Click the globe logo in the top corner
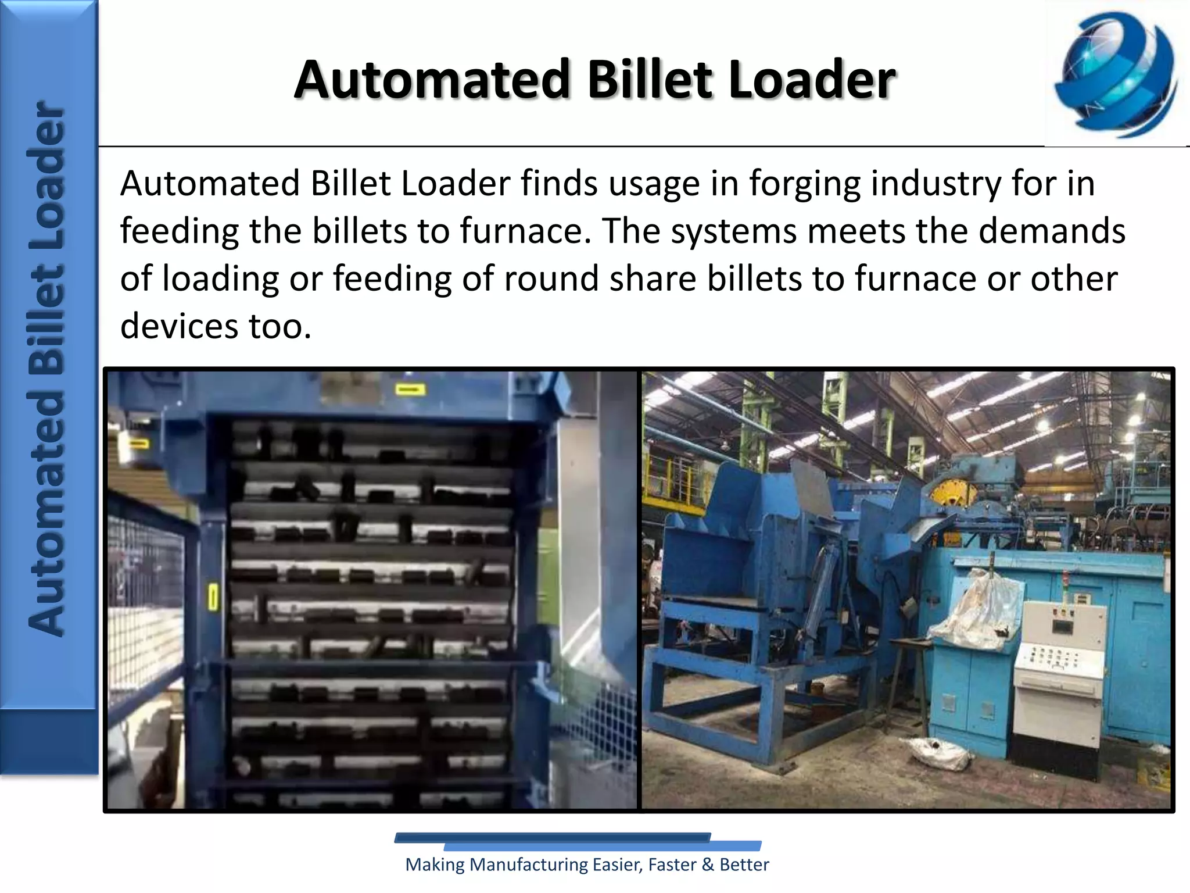1116,74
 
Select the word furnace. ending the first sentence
525,231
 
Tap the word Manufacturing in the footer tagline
528,865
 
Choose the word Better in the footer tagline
744,865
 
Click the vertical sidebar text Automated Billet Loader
46,369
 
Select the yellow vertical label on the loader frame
213,597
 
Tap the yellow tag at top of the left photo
410,389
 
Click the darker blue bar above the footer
552,838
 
